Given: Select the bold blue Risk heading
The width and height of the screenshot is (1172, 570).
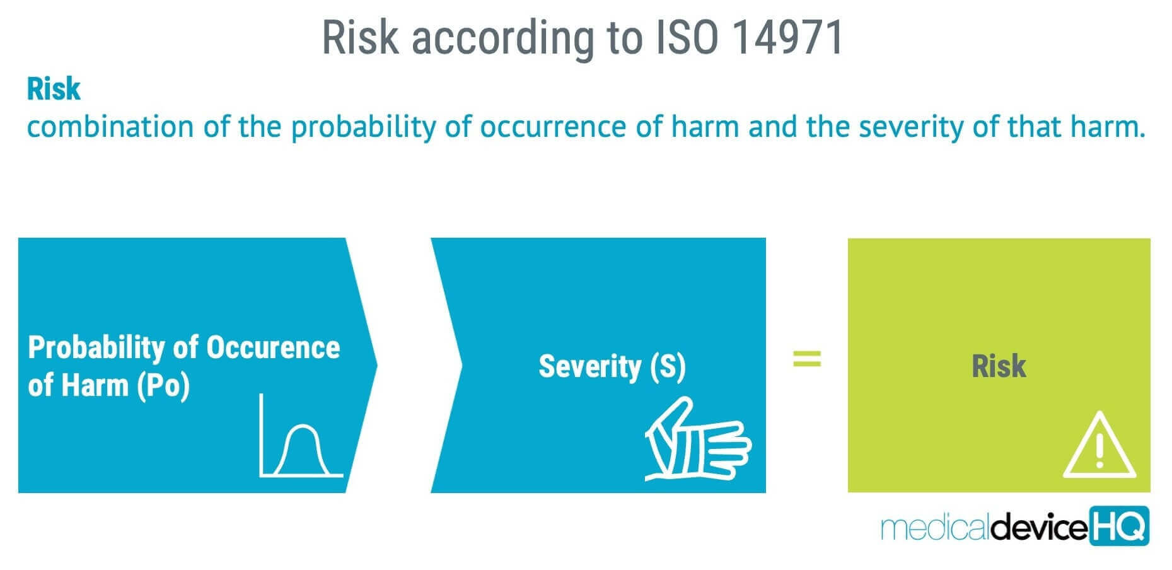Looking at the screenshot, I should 54,90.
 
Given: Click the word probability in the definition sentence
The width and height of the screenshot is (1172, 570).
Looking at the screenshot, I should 363,127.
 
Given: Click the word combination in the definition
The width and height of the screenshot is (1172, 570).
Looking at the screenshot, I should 110,127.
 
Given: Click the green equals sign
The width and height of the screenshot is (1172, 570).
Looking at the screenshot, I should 807,359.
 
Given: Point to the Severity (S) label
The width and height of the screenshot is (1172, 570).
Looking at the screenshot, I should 612,367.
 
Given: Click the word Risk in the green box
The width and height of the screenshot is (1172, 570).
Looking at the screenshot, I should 999,366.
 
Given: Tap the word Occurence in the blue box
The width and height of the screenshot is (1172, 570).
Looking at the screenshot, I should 273,347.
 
